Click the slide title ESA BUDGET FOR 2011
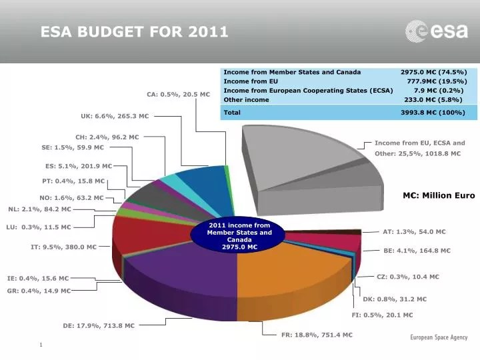(x=134, y=31)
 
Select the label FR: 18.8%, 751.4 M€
(x=317, y=335)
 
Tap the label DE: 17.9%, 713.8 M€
(x=99, y=326)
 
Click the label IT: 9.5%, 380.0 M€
(x=63, y=247)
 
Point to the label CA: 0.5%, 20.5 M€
(x=178, y=94)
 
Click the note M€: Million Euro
(x=439, y=195)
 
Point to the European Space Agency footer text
(x=439, y=338)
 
